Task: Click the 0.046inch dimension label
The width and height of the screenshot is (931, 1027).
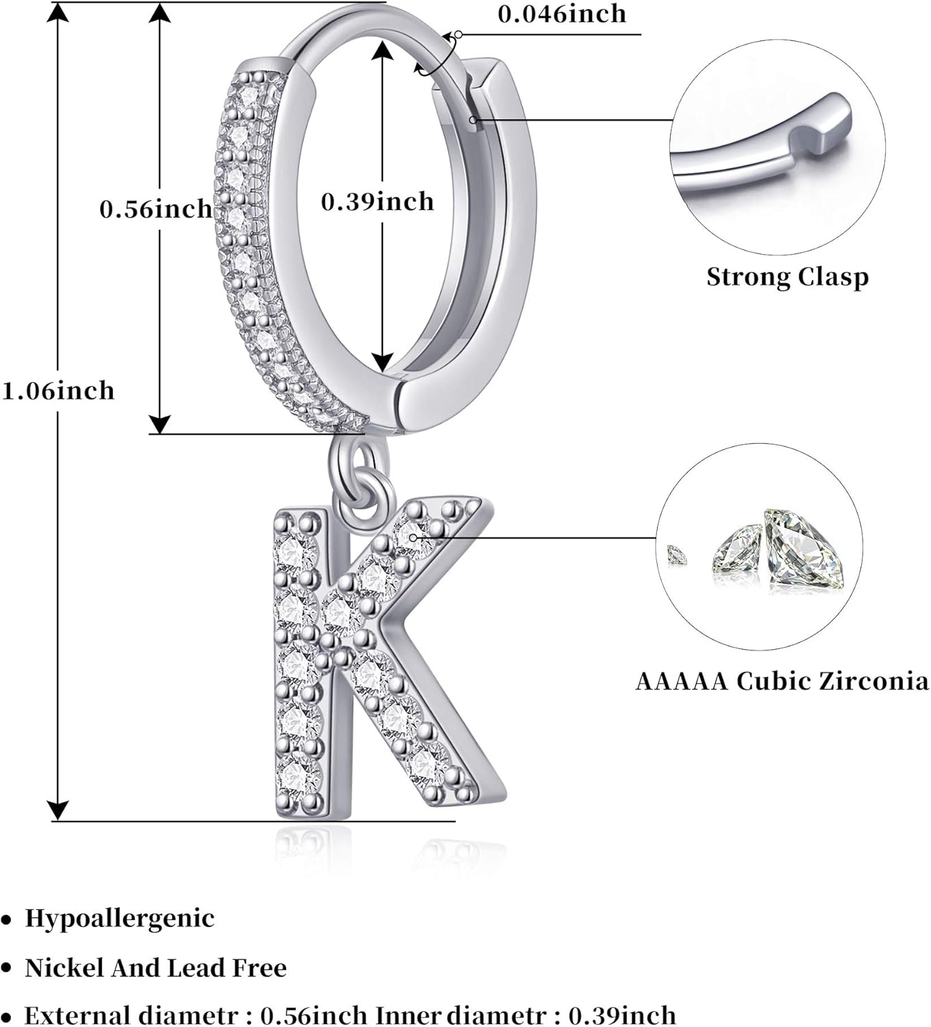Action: (561, 14)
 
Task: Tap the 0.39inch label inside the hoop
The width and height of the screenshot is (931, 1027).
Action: (377, 201)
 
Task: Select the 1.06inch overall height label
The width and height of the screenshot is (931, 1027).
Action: (58, 391)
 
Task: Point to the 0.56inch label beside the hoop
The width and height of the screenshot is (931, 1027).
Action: (156, 209)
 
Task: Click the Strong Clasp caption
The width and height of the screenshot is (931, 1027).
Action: (787, 277)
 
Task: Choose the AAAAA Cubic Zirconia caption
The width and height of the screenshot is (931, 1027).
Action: (782, 681)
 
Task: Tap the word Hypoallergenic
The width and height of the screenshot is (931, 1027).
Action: (120, 918)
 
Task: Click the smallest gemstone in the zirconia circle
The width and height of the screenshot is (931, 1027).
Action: (676, 553)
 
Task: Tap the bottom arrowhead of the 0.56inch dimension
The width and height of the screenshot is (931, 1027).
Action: (159, 424)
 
